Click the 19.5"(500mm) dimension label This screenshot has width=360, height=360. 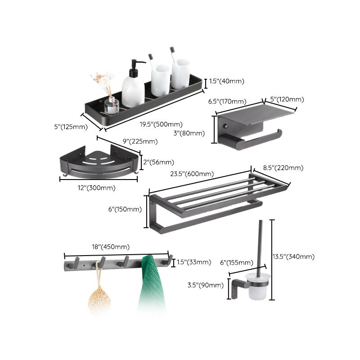tap(161, 125)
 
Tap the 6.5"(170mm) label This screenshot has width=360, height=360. tap(227, 102)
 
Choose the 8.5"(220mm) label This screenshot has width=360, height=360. tap(284, 168)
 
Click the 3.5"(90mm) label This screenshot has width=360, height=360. tap(206, 285)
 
